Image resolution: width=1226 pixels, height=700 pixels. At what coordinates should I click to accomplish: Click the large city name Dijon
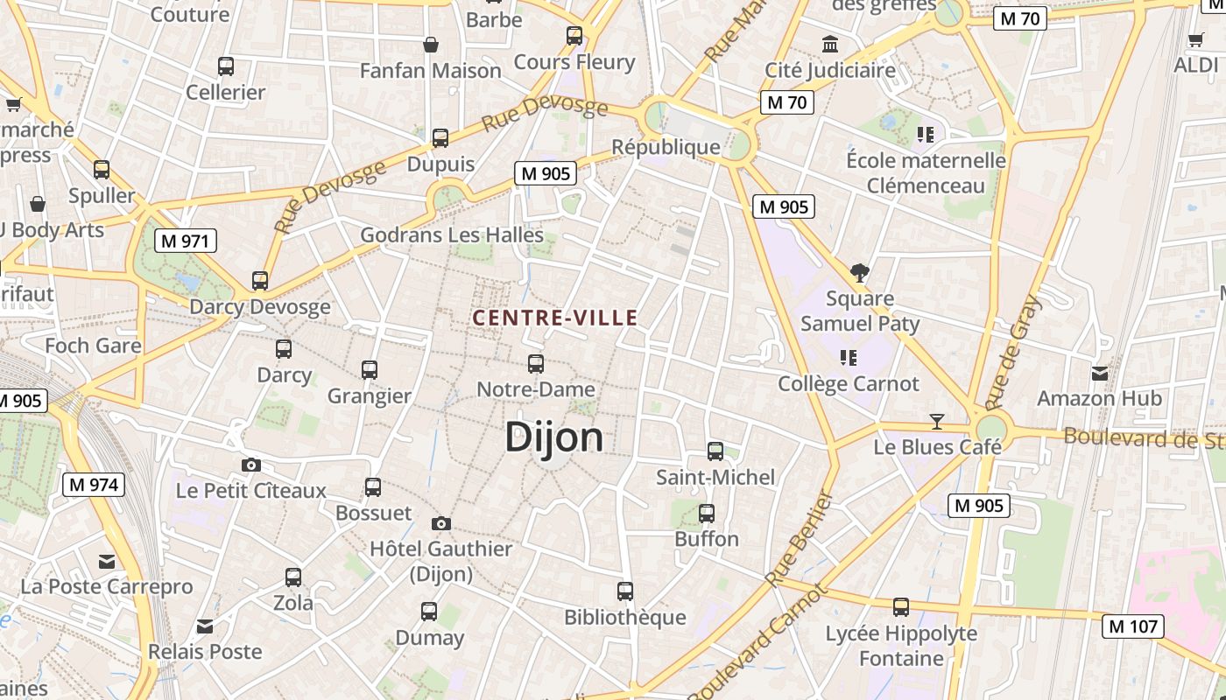[x=554, y=437]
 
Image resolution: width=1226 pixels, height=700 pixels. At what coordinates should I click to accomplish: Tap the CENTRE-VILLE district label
[x=555, y=318]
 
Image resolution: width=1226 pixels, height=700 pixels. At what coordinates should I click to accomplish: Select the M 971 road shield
[x=186, y=241]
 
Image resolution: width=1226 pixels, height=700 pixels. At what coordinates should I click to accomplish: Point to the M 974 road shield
[x=94, y=484]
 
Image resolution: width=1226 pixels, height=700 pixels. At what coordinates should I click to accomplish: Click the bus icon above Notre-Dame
[x=536, y=364]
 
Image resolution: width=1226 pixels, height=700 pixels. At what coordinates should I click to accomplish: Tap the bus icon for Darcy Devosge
[x=260, y=281]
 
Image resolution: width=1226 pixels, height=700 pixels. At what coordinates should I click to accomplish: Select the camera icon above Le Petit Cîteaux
[x=251, y=465]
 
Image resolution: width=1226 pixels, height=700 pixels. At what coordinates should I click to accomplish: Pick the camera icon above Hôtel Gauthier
[x=441, y=523]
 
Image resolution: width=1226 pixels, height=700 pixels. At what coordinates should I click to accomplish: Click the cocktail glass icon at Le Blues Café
[x=937, y=422]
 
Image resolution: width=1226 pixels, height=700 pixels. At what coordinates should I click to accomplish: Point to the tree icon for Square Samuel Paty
[x=860, y=273]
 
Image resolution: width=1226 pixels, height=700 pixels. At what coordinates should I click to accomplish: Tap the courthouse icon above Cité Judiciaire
[x=829, y=44]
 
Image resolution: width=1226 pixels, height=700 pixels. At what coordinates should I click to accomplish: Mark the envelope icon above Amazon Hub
[x=1100, y=374]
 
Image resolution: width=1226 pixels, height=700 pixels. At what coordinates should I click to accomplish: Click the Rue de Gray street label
[x=1013, y=353]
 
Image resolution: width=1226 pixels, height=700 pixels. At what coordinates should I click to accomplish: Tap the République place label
[x=666, y=146]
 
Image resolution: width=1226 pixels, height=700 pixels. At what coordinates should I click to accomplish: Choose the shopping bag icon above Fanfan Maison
[x=431, y=45]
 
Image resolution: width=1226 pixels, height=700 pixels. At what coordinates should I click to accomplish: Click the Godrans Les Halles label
[x=452, y=234]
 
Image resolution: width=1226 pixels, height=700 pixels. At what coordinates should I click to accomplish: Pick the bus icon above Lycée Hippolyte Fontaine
[x=901, y=607]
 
